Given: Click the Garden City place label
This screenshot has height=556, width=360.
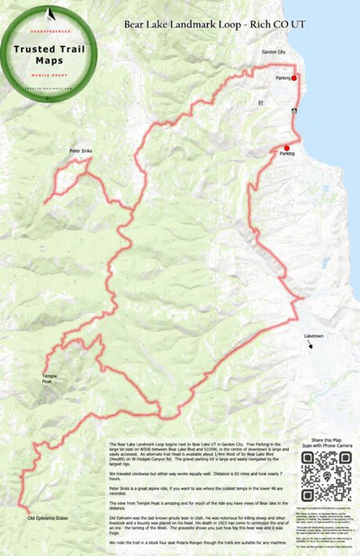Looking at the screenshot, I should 273,52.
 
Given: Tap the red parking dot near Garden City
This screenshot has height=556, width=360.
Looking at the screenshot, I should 293,78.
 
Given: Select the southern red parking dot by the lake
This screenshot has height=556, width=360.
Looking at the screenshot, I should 286,148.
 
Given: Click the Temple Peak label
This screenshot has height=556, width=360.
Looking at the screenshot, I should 49,378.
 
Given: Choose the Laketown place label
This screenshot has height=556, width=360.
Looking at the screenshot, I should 314,336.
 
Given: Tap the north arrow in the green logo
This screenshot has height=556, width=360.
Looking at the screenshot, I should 50,14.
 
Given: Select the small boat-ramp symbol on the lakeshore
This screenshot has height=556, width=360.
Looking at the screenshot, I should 295,109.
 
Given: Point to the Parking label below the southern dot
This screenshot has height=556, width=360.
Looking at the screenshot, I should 287,155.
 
